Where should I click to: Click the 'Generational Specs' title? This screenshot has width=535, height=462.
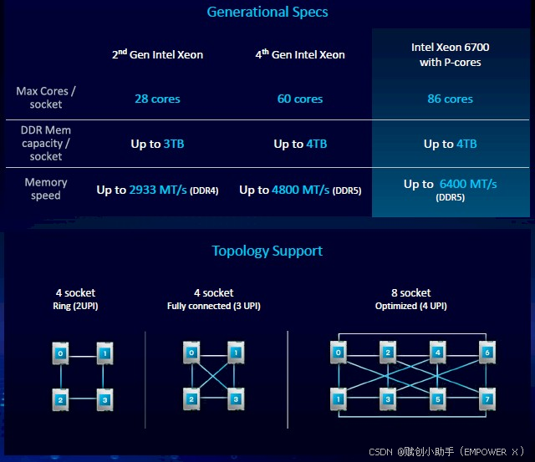click(x=267, y=12)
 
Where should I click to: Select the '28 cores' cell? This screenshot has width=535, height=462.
click(x=157, y=99)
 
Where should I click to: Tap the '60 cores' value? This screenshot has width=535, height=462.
click(x=300, y=99)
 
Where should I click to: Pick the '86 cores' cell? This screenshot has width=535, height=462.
click(x=450, y=99)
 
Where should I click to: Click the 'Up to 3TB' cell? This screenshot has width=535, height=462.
click(x=157, y=144)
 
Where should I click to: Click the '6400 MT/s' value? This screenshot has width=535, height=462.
click(x=467, y=184)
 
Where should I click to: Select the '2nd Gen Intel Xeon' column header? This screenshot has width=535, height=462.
click(x=157, y=54)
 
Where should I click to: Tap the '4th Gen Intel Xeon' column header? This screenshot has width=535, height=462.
click(x=300, y=54)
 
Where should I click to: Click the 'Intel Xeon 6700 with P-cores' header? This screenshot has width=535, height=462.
click(x=450, y=54)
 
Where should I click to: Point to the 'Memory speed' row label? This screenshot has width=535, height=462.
click(x=46, y=189)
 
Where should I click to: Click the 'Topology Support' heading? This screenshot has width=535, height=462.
click(x=267, y=251)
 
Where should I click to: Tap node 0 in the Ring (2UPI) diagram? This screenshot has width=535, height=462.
click(x=60, y=353)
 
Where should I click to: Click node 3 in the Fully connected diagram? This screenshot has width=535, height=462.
click(x=237, y=399)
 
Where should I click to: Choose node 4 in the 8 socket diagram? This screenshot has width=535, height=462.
click(x=438, y=353)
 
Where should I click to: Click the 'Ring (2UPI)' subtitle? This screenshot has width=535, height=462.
click(x=75, y=306)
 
